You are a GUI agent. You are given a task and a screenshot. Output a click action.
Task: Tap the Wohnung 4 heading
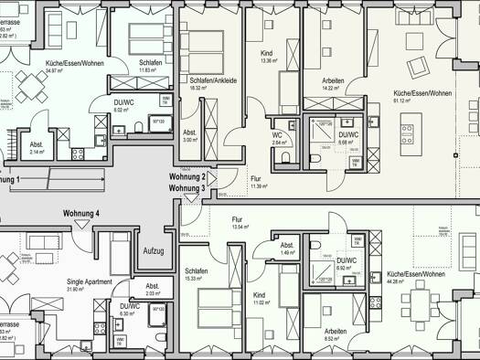coord(81,214)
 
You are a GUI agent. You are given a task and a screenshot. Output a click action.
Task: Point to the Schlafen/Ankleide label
coord(213,80)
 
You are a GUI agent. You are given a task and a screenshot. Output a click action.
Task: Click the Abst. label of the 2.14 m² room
coord(37,145)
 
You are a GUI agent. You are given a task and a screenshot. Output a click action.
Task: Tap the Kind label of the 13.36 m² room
coord(266,53)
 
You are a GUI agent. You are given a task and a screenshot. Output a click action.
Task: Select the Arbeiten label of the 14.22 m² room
coord(333,80)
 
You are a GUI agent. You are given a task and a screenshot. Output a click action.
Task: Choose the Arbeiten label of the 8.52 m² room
coord(336,331)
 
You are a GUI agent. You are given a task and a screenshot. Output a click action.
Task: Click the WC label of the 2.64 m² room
coord(278,134)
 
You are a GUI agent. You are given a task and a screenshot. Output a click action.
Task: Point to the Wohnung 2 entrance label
coord(187,175)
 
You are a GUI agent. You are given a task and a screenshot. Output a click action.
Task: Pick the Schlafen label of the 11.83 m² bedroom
coord(150,62)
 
